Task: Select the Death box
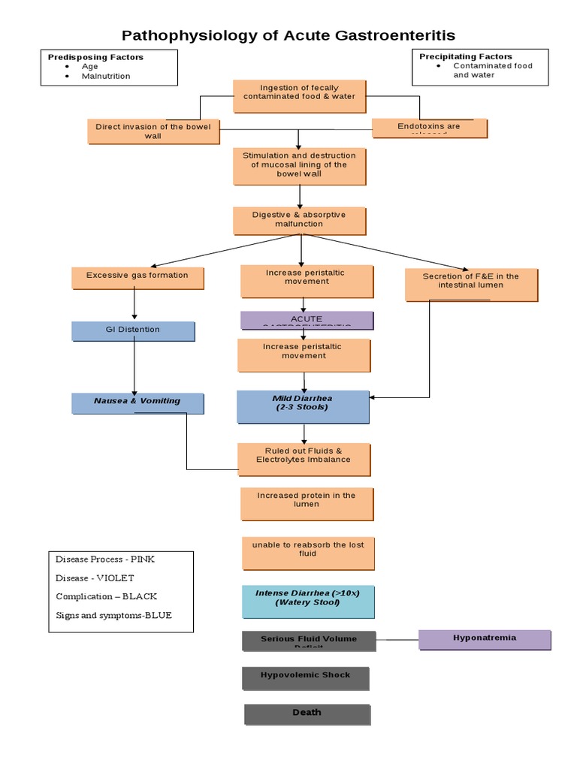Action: pos(307,713)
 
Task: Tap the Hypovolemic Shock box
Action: pos(305,677)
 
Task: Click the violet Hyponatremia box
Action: pos(485,639)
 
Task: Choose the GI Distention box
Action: pos(133,330)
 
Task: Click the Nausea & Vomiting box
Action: pos(137,403)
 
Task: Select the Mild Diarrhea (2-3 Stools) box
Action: pos(303,406)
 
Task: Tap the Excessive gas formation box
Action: pos(137,277)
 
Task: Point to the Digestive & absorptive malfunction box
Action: pos(299,221)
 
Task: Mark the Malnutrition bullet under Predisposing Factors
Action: pos(106,76)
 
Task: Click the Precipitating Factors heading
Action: pos(466,56)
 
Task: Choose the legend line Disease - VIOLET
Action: pos(95,578)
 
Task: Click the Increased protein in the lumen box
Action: pos(307,502)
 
